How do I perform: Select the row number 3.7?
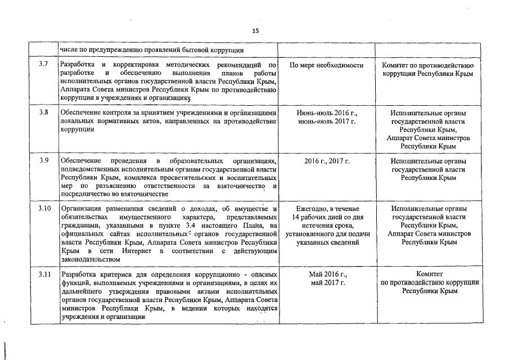(43, 65)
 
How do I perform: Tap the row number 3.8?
(43, 113)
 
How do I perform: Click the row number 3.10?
(44, 209)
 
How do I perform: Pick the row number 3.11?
(44, 274)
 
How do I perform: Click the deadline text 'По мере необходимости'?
(326, 65)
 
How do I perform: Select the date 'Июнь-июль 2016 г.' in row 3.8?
(326, 113)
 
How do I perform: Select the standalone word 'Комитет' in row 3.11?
(430, 274)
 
